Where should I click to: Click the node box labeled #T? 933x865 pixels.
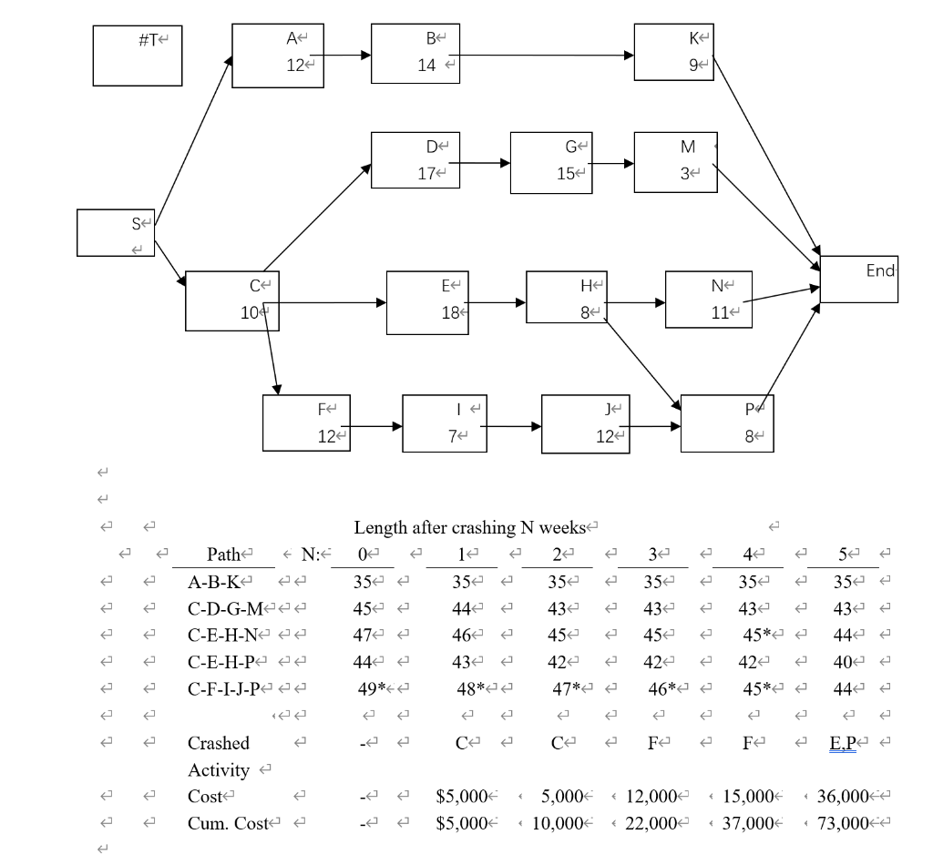(x=138, y=56)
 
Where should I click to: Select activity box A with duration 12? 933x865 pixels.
(x=278, y=56)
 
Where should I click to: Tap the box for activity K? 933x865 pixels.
(x=674, y=53)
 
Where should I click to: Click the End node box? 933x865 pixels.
(x=858, y=279)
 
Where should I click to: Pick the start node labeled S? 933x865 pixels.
(x=116, y=233)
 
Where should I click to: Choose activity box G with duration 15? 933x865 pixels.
(x=551, y=163)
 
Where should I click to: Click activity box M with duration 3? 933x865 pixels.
(x=675, y=161)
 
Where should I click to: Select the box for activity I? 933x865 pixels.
(x=444, y=423)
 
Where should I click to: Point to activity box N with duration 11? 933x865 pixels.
(x=709, y=299)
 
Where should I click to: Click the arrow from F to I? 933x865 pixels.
(x=371, y=425)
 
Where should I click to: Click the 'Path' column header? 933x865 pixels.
(x=224, y=555)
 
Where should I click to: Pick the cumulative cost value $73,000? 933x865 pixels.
(x=842, y=823)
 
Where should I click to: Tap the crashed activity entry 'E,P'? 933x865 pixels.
(x=843, y=743)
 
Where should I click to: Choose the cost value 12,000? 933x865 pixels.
(x=650, y=797)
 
